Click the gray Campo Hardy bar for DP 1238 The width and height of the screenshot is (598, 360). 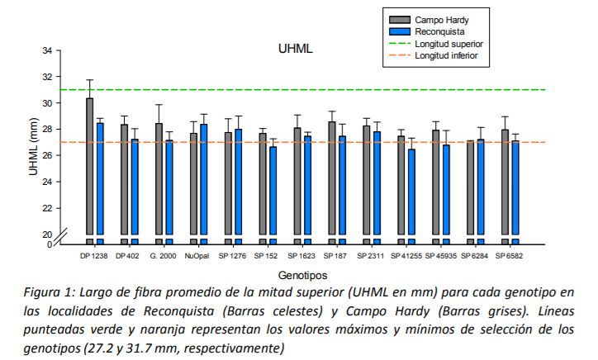90,165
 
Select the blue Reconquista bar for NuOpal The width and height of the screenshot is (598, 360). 204,178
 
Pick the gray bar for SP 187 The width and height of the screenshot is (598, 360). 332,178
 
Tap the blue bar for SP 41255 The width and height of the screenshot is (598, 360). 411,190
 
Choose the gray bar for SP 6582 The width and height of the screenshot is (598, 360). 505,182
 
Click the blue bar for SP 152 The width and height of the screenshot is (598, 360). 273,190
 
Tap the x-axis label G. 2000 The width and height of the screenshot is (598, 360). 163,256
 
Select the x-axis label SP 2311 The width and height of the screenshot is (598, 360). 371,256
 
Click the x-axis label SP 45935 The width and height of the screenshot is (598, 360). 440,256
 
